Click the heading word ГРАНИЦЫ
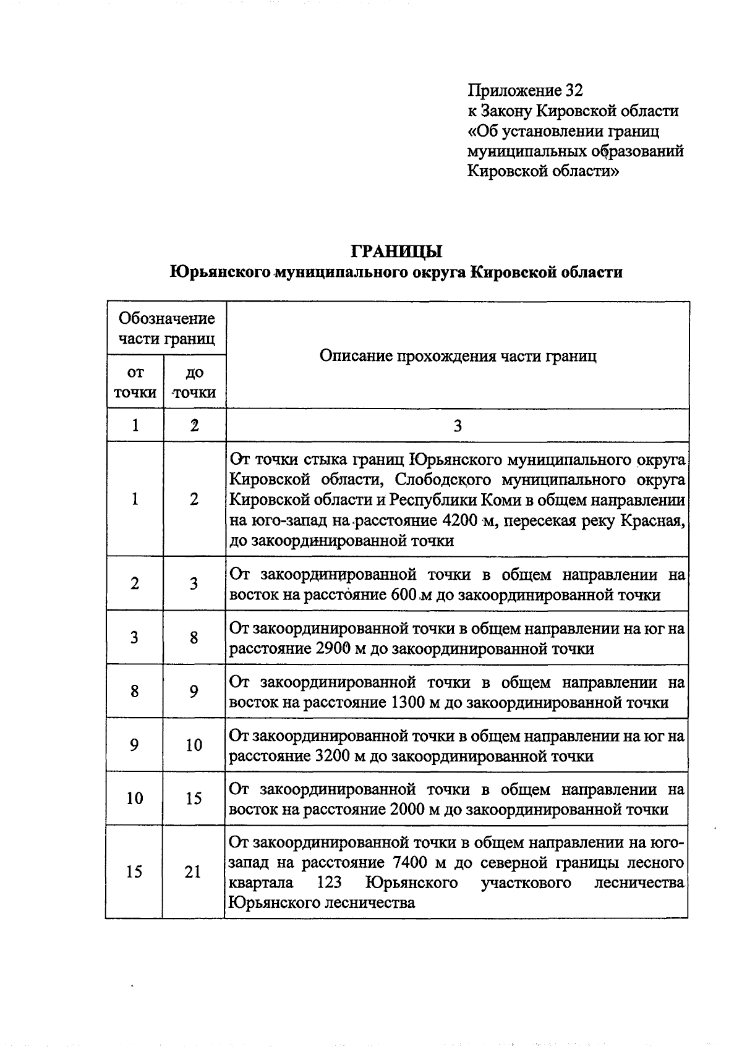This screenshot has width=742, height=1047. click(x=396, y=252)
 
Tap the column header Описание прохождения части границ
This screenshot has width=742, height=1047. click(x=458, y=356)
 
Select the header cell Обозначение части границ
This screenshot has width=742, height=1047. click(x=166, y=328)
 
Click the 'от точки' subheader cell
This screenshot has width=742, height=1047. click(x=135, y=382)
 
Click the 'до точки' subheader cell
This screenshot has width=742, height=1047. click(x=194, y=382)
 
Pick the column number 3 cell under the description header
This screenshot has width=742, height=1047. click(x=458, y=425)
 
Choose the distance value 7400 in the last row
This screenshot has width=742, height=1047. click(x=411, y=862)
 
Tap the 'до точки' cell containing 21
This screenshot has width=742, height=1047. click(x=193, y=871)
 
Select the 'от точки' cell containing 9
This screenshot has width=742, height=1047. click(x=134, y=745)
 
